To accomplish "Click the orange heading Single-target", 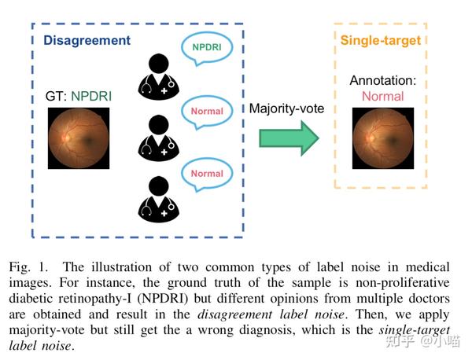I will (381, 40).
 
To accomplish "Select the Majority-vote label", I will (288, 108).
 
